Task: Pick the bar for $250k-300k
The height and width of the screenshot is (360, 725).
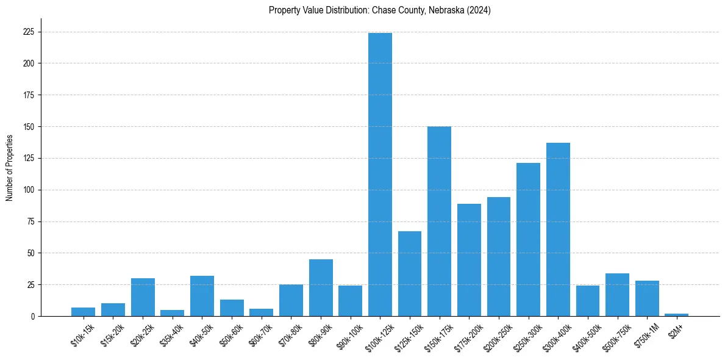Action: coord(528,240)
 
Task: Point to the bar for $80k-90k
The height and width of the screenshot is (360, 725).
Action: coord(321,288)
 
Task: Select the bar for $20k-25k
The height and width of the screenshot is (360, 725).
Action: coord(143,297)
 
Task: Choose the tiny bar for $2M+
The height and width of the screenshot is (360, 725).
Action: coord(676,315)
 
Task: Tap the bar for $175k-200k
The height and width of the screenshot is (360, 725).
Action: coord(469,260)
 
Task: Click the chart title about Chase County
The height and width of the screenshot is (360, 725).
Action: coord(380,10)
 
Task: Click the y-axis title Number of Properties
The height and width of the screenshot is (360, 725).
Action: coord(9,168)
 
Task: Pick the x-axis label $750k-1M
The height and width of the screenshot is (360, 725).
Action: coord(646,336)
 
